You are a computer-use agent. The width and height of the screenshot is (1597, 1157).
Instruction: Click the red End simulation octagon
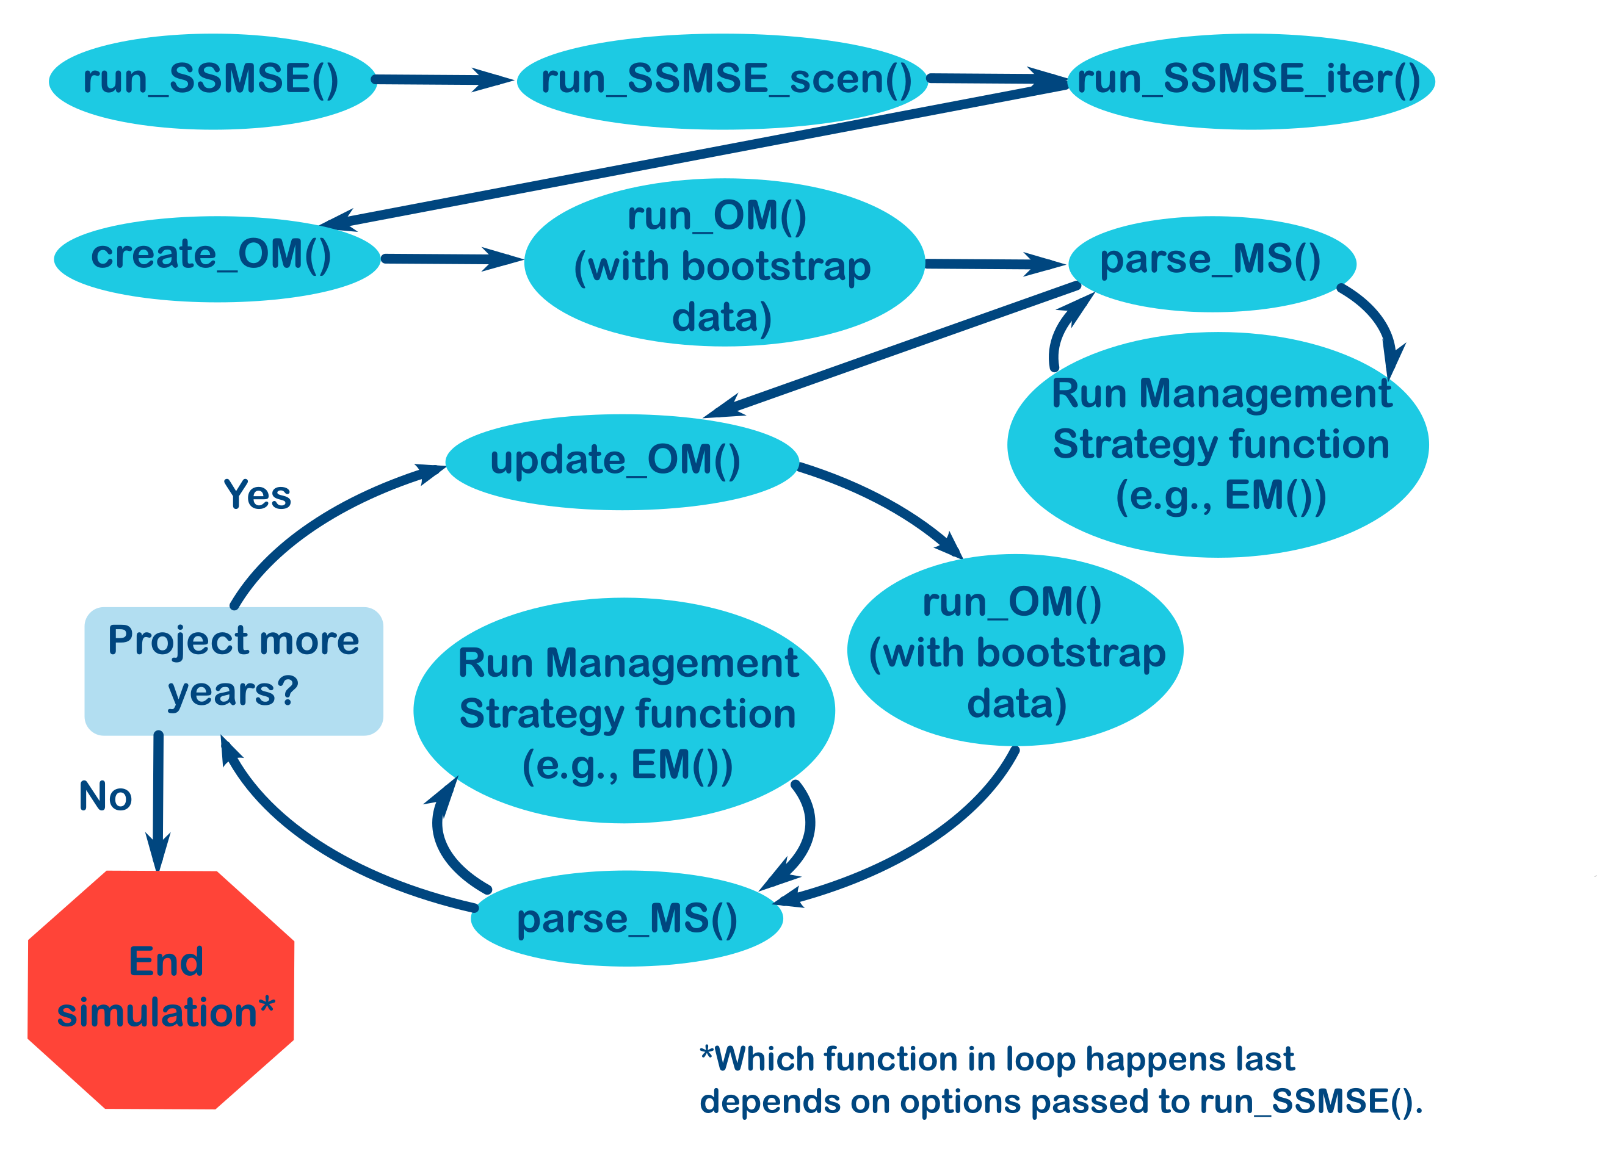coord(161,989)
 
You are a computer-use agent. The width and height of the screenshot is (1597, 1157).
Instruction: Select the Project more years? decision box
coord(233,670)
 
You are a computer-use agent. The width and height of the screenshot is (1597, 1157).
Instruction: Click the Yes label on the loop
coord(257,494)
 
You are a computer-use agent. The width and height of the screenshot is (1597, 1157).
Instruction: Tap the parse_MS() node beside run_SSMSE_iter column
coord(1211,262)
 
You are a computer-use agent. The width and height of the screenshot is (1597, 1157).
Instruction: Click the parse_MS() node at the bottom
coord(627,918)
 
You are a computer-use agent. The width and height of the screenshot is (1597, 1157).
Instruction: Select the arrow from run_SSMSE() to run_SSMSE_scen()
coord(436,79)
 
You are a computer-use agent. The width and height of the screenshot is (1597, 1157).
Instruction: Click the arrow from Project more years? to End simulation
coord(159,795)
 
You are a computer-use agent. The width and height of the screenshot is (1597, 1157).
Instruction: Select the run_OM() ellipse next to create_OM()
coord(724,262)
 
